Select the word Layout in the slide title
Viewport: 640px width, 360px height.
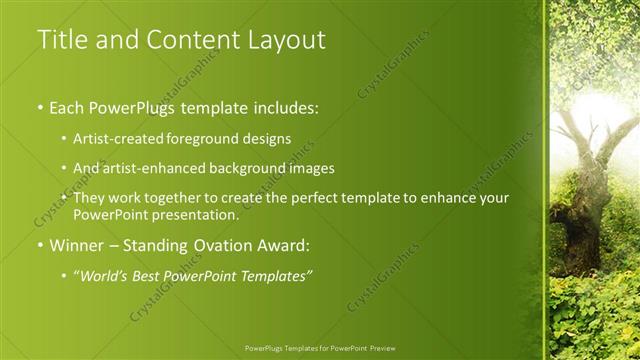click(x=286, y=40)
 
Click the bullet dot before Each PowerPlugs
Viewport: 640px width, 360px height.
click(x=39, y=106)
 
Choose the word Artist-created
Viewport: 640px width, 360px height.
click(x=119, y=138)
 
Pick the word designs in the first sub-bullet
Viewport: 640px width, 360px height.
click(x=265, y=138)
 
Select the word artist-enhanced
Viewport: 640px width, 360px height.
click(x=152, y=168)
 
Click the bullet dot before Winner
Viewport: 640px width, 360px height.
click(x=39, y=245)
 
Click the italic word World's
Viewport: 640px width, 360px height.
click(x=106, y=275)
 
